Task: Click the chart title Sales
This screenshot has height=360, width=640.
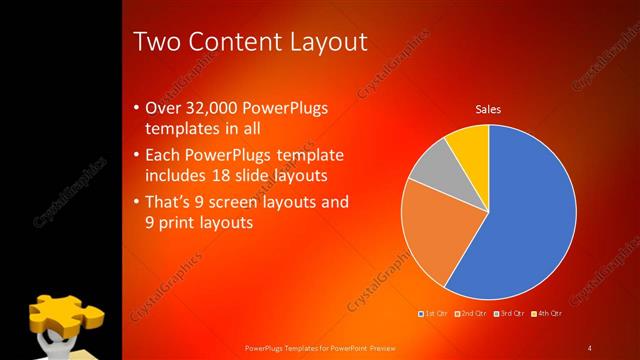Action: (x=487, y=109)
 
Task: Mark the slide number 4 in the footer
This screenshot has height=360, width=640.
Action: (x=589, y=347)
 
